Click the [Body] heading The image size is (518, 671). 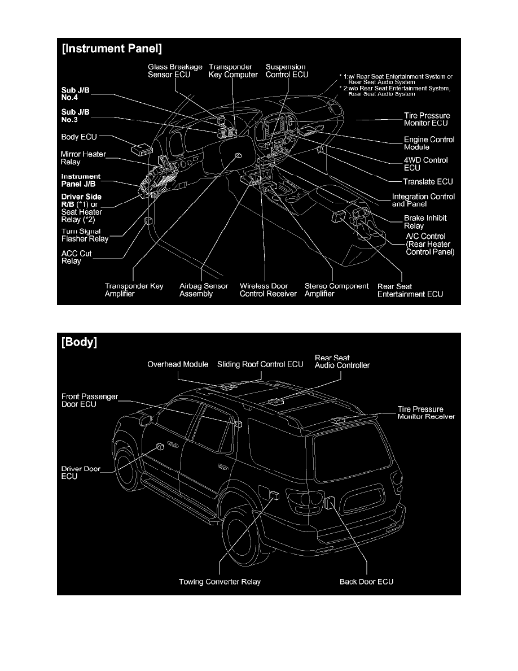point(80,342)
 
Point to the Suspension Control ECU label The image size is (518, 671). point(287,71)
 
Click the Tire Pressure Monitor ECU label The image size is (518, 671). point(427,119)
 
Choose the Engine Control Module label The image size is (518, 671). point(429,143)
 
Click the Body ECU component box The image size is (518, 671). point(141,150)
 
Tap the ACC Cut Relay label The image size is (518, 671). point(76,258)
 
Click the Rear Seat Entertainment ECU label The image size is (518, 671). point(410,290)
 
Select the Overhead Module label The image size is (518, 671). point(178,364)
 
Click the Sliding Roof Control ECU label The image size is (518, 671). point(260,364)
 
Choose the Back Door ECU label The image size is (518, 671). point(366,581)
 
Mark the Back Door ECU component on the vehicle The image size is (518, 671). point(331,499)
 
